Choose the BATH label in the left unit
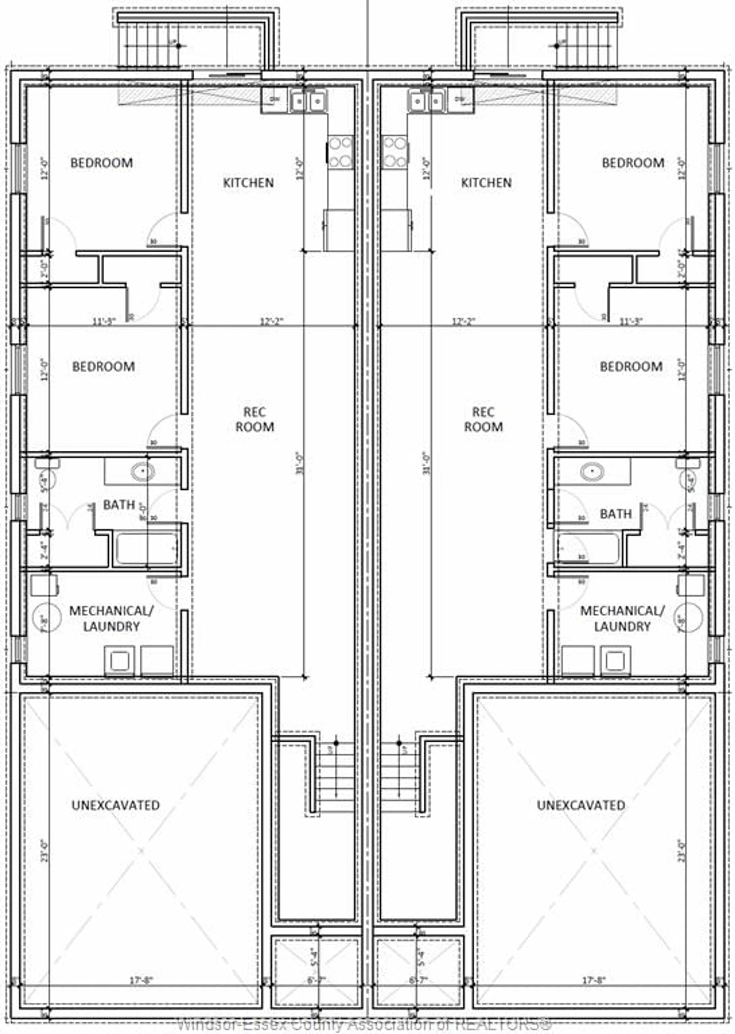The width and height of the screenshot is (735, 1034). click(119, 505)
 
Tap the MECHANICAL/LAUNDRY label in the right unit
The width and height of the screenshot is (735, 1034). click(622, 618)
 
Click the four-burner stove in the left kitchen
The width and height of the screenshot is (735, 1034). click(340, 152)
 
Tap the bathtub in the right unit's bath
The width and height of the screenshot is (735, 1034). click(588, 549)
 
